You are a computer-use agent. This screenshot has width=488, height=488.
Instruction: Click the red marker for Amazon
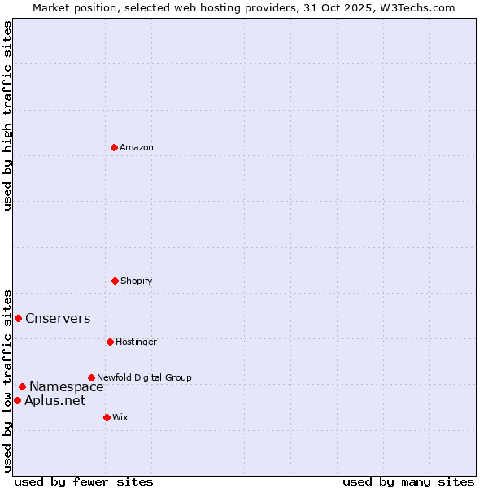[114, 147]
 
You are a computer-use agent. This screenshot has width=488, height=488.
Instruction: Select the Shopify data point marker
[115, 281]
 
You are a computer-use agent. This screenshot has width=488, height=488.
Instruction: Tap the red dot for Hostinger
[110, 342]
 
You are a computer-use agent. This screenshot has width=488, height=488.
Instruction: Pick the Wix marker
[107, 417]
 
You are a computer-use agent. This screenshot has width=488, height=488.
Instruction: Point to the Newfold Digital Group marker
[91, 377]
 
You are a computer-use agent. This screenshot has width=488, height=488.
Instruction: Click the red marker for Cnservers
[18, 318]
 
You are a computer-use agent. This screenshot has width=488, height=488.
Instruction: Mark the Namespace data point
[22, 386]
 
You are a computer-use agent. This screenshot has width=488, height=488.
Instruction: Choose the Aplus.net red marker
[17, 400]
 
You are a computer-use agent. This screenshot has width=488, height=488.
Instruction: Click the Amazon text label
[137, 147]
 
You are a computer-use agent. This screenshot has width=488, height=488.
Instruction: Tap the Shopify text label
[137, 281]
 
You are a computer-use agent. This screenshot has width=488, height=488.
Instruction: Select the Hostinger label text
[136, 342]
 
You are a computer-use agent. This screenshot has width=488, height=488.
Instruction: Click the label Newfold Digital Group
[144, 377]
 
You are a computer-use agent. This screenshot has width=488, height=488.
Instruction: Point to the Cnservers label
[58, 318]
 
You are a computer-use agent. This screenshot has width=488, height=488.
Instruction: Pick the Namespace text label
[67, 386]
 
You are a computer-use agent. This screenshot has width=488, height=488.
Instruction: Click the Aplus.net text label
[54, 400]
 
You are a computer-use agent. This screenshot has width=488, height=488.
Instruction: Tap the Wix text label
[120, 417]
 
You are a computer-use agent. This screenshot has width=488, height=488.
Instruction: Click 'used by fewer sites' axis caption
[84, 481]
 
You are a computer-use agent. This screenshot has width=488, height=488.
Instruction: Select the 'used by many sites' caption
[408, 481]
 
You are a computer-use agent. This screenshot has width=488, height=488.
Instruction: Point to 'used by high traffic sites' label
[7, 115]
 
